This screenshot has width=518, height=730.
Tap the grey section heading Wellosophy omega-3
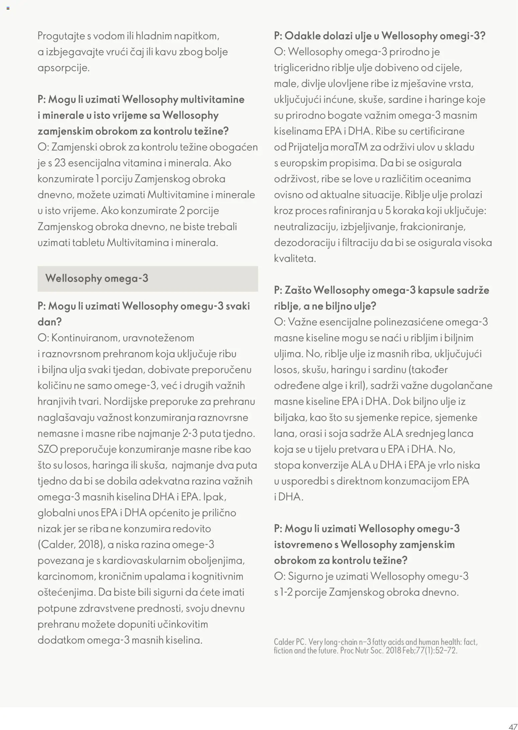pyautogui.click(x=97, y=278)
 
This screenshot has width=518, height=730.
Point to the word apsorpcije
pyautogui.click(x=63, y=68)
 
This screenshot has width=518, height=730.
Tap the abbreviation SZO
pyautogui.click(x=48, y=449)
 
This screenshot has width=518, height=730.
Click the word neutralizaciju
pyautogui.click(x=305, y=227)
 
